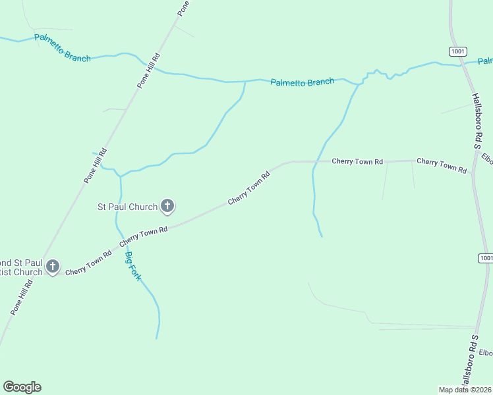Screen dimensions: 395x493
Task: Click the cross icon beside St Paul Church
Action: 167,207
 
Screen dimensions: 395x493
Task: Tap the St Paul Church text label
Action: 127,207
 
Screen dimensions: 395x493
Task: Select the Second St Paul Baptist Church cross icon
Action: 52,267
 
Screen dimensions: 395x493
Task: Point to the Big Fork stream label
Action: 133,266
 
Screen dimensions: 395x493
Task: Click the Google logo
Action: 22,387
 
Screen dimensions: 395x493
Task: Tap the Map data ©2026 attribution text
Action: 465,390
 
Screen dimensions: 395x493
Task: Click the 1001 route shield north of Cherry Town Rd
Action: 458,51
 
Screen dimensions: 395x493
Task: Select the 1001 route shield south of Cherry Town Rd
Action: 486,258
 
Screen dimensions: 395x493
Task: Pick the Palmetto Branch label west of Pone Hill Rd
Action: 63,47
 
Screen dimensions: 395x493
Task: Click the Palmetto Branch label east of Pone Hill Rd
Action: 303,82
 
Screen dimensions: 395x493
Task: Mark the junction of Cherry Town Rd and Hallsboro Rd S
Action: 473,174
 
